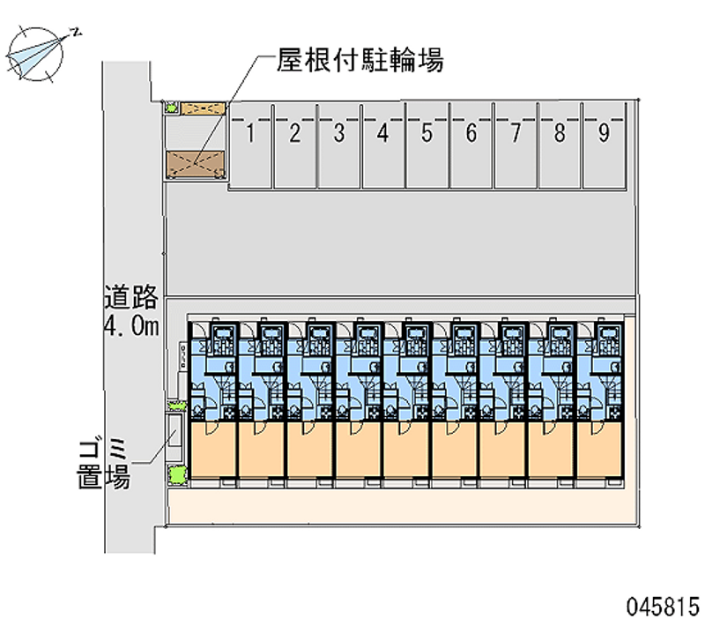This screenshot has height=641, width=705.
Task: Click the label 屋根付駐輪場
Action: click(x=360, y=60)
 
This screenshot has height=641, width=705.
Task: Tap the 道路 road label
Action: click(x=131, y=297)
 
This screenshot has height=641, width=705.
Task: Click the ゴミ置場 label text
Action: click(x=104, y=465)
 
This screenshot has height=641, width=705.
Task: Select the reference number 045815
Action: click(x=664, y=607)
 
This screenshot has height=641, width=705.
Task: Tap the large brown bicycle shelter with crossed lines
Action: click(x=195, y=164)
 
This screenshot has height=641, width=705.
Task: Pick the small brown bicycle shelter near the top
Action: click(x=203, y=108)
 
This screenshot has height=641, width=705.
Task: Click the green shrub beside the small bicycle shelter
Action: click(x=171, y=108)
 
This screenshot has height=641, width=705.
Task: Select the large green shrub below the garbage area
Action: click(x=178, y=474)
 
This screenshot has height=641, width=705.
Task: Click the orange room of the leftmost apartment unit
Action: click(x=213, y=449)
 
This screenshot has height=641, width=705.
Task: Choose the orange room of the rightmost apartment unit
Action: click(x=599, y=449)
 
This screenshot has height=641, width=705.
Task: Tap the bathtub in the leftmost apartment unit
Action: click(x=224, y=333)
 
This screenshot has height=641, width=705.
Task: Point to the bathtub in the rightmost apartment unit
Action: click(x=610, y=333)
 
